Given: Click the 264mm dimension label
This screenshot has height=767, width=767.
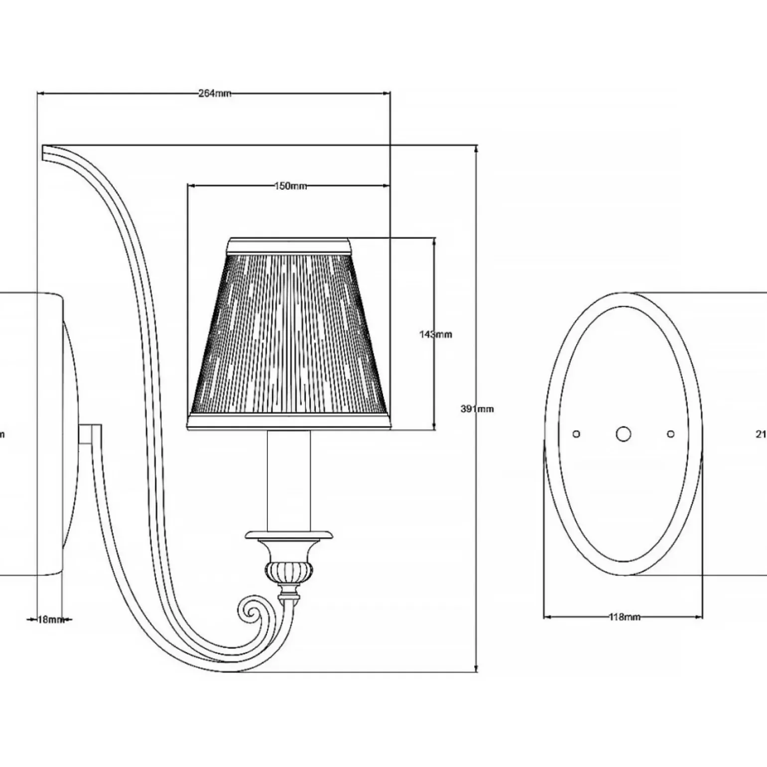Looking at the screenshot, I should pyautogui.click(x=215, y=94).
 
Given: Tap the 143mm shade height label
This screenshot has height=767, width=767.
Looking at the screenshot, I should pyautogui.click(x=436, y=334).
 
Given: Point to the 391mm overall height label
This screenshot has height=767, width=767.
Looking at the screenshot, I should pyautogui.click(x=477, y=409).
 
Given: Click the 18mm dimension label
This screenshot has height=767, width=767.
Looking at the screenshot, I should pyautogui.click(x=50, y=620).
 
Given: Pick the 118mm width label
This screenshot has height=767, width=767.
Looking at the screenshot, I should pyautogui.click(x=625, y=617).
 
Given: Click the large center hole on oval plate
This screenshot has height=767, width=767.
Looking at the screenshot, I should pyautogui.click(x=623, y=434).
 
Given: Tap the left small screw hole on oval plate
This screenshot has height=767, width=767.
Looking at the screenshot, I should pyautogui.click(x=576, y=434).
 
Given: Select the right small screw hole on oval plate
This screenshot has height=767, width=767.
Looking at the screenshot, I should pyautogui.click(x=670, y=434).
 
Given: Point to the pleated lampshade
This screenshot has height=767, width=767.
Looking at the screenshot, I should pyautogui.click(x=289, y=339).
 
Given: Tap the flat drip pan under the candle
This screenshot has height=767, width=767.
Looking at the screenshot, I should pyautogui.click(x=289, y=534).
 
